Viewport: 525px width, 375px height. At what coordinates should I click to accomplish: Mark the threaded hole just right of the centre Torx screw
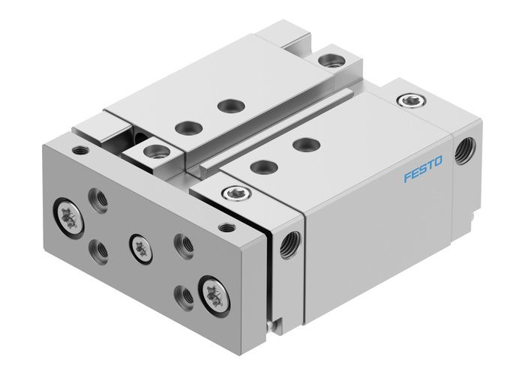(x=179, y=241)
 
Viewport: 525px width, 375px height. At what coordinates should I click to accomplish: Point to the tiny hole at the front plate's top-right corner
(x=223, y=225)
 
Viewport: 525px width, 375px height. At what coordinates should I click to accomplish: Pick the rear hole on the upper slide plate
(x=225, y=105)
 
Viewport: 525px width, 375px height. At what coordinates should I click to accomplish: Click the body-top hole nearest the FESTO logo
(x=303, y=143)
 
